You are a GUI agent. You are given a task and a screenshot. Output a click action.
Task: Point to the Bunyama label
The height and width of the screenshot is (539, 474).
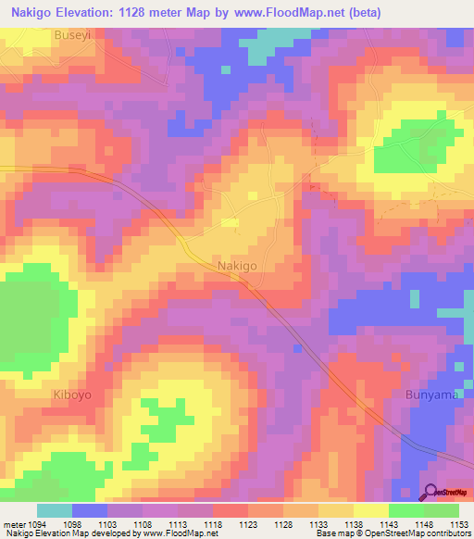click(432, 395)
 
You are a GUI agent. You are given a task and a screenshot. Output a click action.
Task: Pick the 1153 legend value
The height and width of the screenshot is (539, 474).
click(459, 524)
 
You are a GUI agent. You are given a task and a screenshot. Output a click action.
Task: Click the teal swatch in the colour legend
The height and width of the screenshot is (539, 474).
click(55, 510)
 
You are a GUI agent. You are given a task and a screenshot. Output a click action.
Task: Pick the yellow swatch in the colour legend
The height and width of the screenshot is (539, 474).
click(371, 510)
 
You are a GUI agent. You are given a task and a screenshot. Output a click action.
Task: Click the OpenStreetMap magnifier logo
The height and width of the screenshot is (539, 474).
click(430, 494)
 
